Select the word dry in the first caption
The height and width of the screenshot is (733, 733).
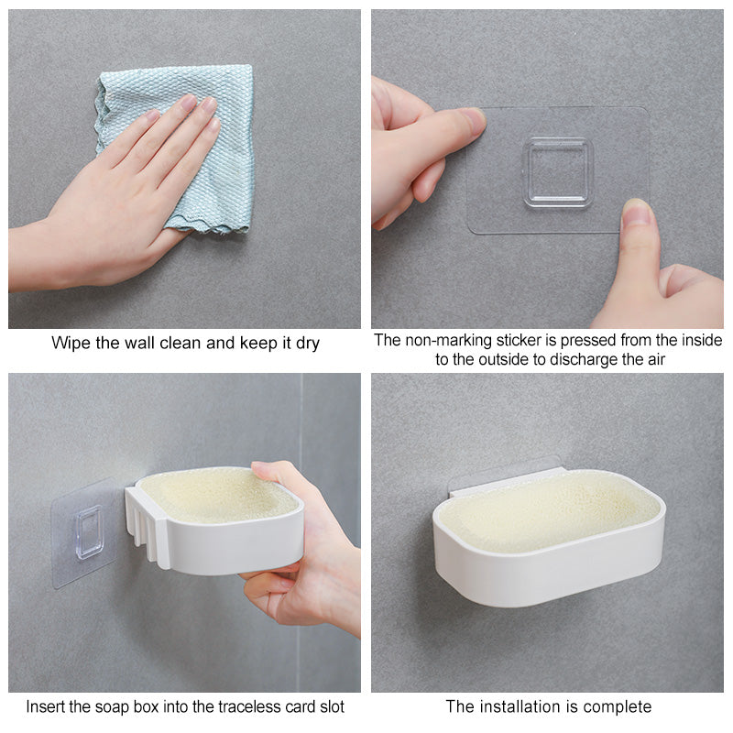[308, 344]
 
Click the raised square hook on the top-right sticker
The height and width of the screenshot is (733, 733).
[558, 172]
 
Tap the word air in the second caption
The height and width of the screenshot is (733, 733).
[655, 359]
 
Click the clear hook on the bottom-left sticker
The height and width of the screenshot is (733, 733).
[89, 532]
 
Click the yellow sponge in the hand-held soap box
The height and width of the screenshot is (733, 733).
[217, 495]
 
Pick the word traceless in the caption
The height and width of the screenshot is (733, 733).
[253, 706]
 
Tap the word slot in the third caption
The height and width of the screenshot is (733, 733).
[332, 706]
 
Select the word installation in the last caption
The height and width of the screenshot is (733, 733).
[527, 706]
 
